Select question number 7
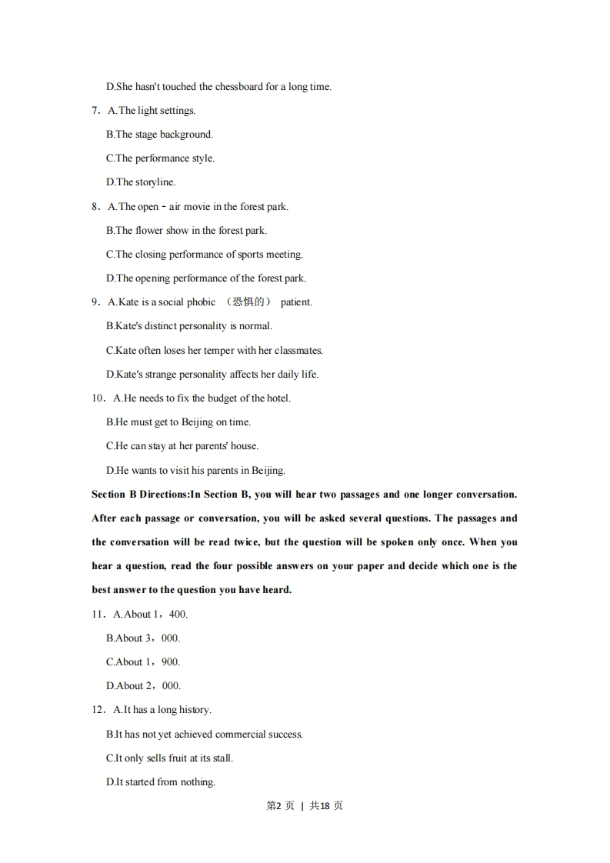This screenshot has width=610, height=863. pos(95,111)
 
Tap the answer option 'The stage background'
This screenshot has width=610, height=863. pos(159,135)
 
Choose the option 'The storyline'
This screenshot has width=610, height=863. pos(141,182)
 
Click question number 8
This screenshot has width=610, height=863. pos(95,207)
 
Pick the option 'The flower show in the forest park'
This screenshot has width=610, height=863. pos(186,231)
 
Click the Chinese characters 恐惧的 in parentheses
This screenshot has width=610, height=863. pos(248,302)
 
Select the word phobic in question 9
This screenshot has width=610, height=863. pos(201,302)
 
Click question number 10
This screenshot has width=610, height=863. pos(98,398)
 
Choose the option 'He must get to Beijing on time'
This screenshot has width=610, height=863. pos(178,422)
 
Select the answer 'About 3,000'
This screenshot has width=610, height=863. pos(143,638)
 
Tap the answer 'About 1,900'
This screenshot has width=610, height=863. pos(143,662)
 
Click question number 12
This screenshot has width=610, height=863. pos(98,710)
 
